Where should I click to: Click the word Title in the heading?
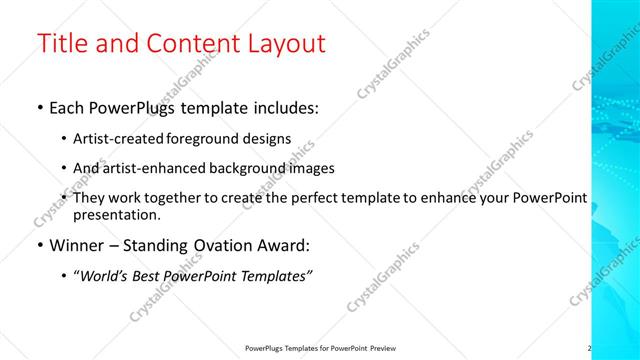tap(63, 44)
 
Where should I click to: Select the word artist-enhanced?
tap(152, 168)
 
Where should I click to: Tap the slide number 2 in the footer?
tap(589, 348)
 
